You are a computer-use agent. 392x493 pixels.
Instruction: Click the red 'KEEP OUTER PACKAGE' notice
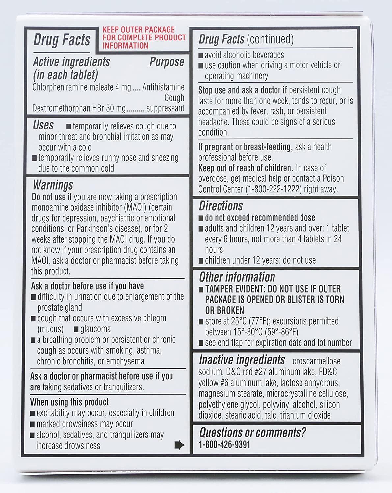coord(144,38)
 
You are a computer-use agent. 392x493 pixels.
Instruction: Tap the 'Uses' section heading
coord(43,125)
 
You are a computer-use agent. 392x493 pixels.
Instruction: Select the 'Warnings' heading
coord(53,185)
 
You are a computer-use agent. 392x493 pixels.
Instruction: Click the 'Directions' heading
coord(221,206)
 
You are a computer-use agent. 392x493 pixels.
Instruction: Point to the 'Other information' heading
coord(237,277)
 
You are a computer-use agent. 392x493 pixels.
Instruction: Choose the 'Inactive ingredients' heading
coord(242,360)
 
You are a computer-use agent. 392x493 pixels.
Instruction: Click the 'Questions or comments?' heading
coord(252,433)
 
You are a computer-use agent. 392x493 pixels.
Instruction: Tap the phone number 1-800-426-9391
coord(224,445)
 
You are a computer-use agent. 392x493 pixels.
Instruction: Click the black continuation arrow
coord(180,445)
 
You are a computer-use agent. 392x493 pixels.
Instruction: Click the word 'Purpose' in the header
coord(167,62)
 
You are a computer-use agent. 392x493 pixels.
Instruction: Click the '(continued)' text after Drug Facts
coord(270,39)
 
